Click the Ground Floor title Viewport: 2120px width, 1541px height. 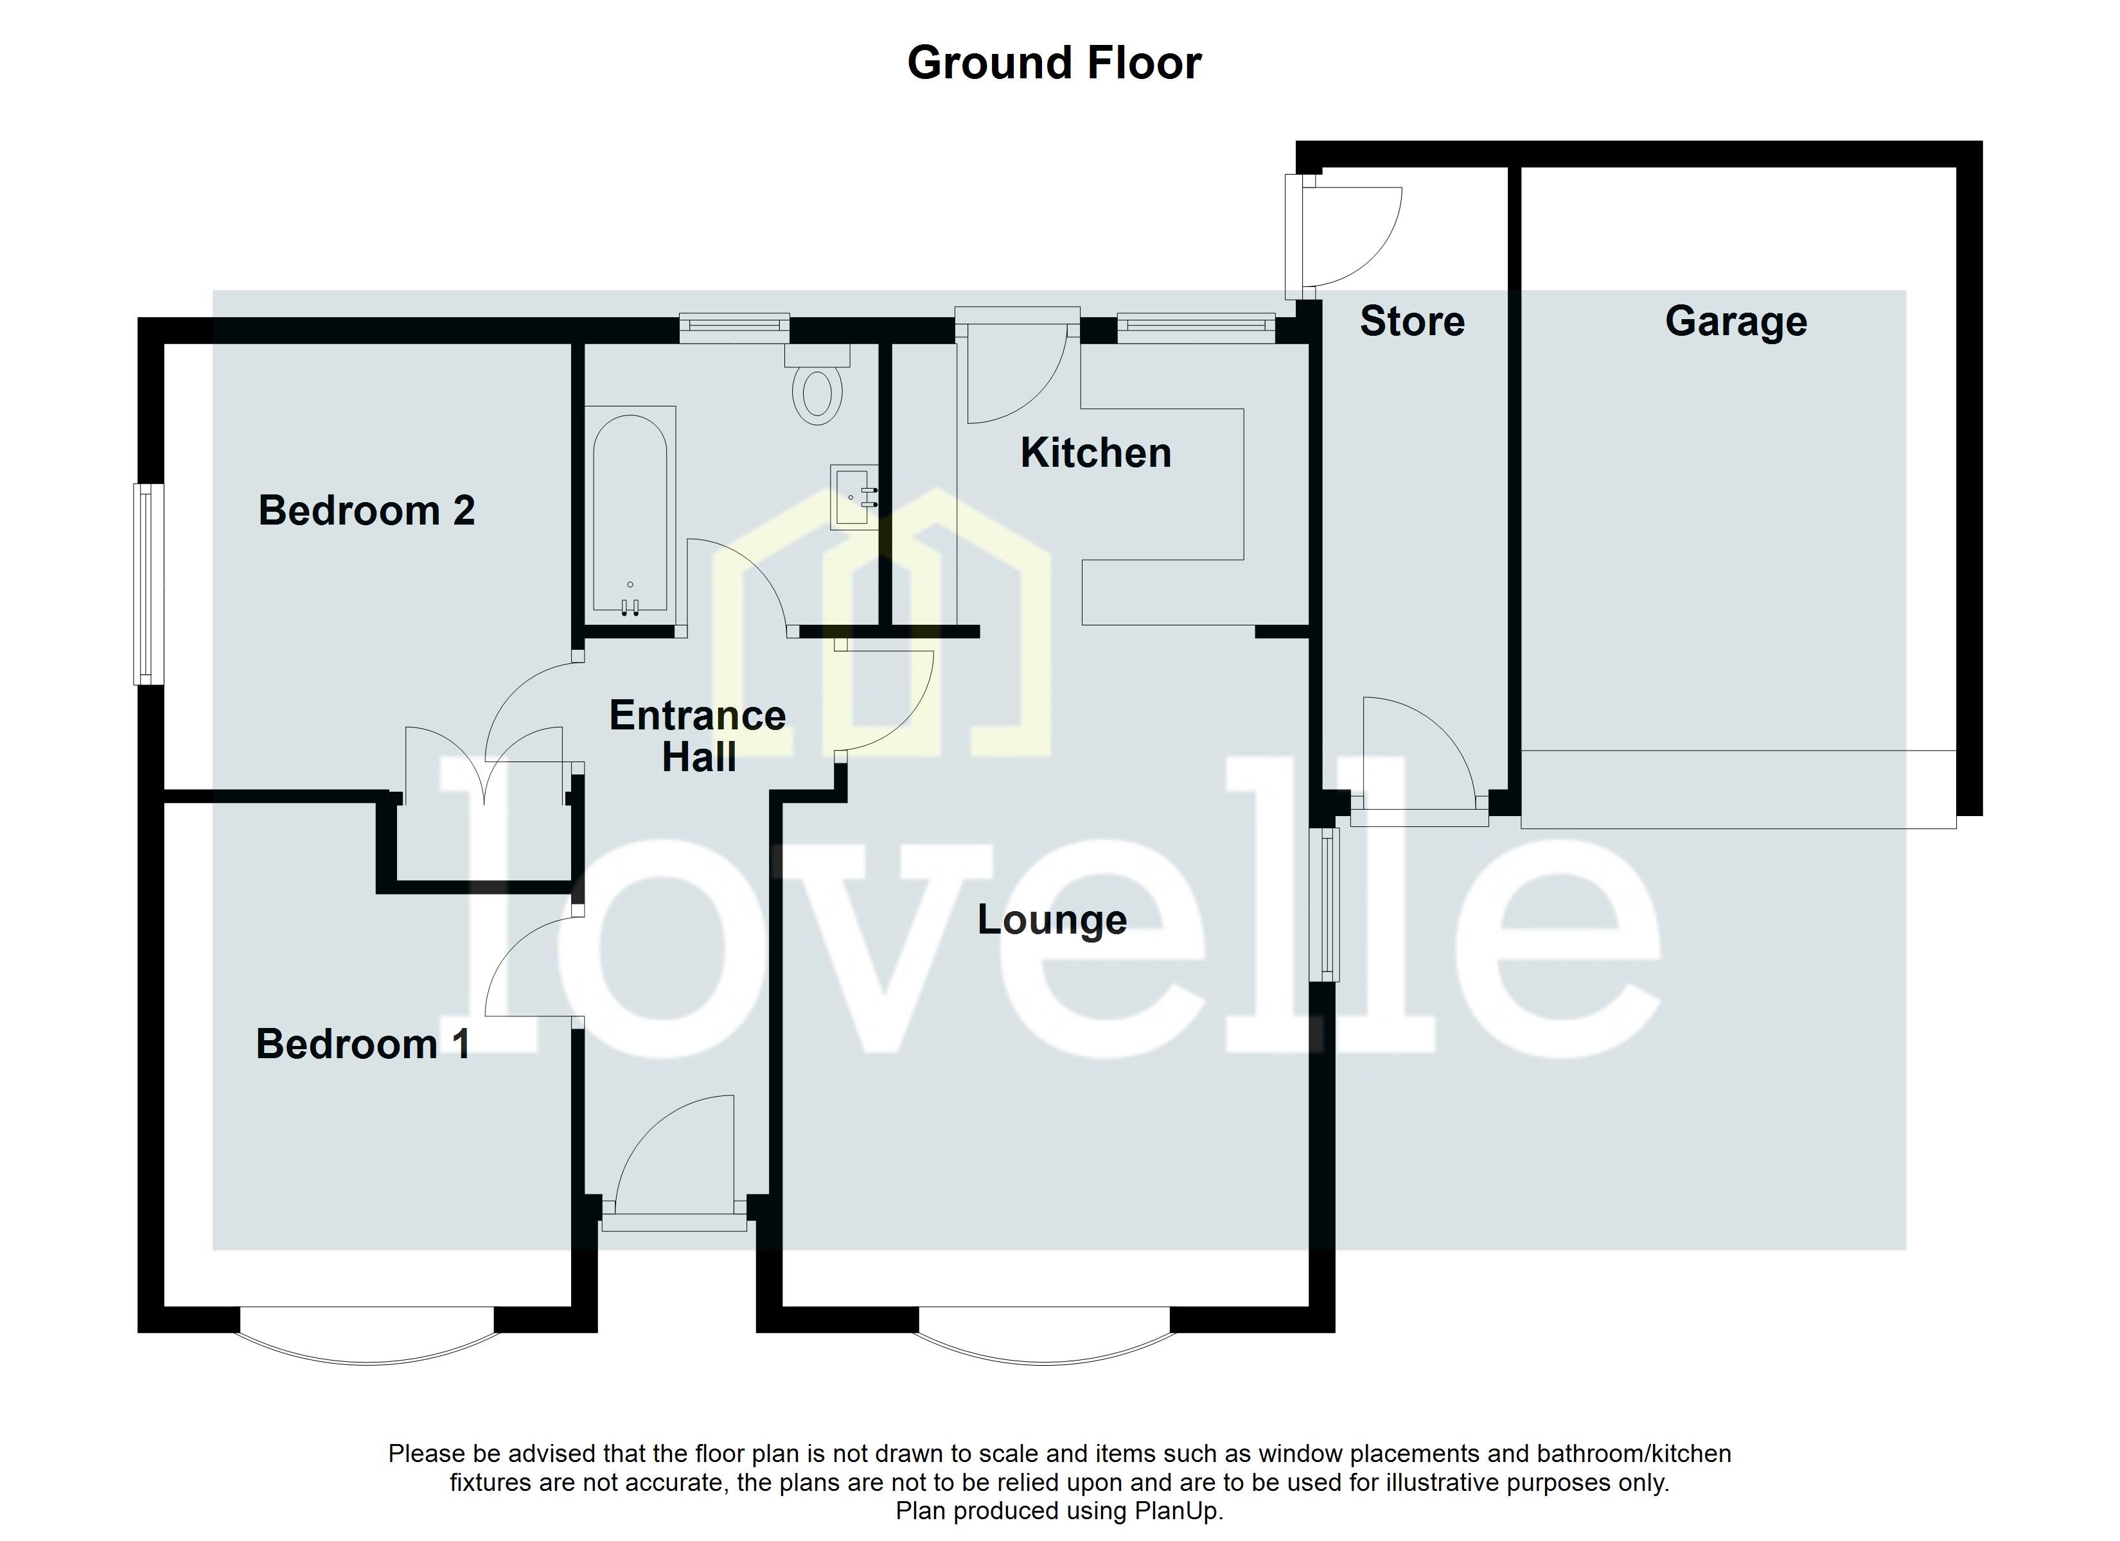1054,64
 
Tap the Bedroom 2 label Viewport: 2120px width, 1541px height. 366,511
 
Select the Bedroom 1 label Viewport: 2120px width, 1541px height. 363,1044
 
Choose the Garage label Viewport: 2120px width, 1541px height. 1735,322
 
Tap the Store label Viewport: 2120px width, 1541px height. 1411,322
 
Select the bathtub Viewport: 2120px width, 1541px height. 630,514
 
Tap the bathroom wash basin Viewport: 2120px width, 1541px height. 853,497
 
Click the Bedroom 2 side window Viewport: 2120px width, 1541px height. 148,584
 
